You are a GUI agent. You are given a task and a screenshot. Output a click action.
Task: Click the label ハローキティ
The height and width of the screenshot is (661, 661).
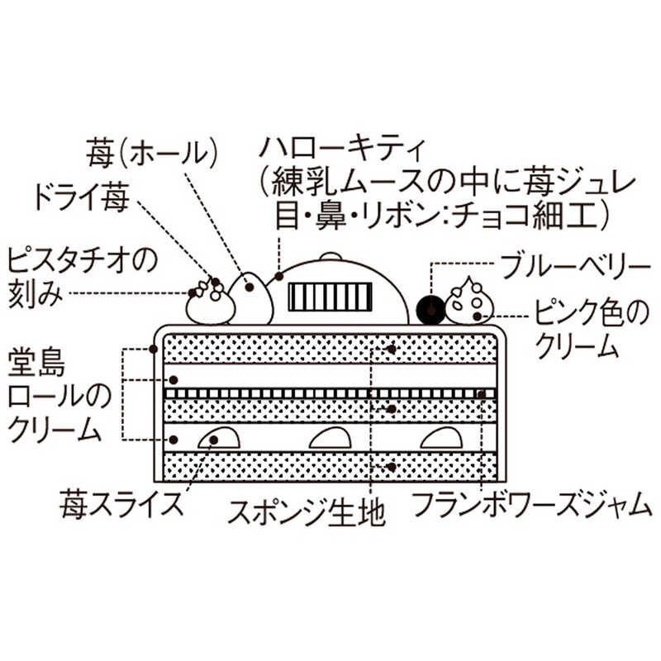pyautogui.click(x=341, y=151)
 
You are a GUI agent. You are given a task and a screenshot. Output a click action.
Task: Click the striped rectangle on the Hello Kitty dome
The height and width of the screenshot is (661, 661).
pyautogui.click(x=329, y=295)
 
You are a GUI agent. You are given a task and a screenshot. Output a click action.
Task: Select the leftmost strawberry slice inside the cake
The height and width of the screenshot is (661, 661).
pyautogui.click(x=219, y=439)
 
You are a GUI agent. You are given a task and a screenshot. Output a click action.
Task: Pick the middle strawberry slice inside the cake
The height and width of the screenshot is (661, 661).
pyautogui.click(x=330, y=439)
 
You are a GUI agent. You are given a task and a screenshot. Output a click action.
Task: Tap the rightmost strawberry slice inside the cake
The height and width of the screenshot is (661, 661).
pyautogui.click(x=440, y=439)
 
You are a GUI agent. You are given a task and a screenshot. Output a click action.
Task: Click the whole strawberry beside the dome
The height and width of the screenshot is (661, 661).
pyautogui.click(x=251, y=297)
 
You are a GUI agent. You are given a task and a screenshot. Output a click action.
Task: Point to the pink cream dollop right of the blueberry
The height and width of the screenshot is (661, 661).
pyautogui.click(x=470, y=303)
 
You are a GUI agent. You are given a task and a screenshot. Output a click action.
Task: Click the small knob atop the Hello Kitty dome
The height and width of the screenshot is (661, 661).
pyautogui.click(x=329, y=255)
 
